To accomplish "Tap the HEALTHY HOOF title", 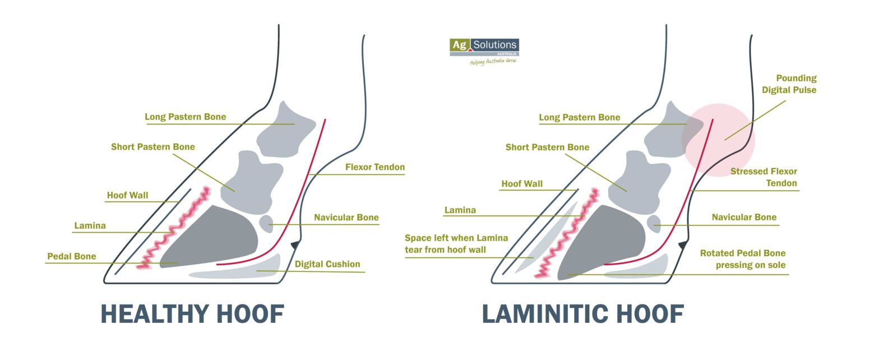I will click(192, 314).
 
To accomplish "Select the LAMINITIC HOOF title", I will click(583, 314).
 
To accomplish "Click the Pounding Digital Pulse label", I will click(796, 84).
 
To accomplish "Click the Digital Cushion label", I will click(327, 264).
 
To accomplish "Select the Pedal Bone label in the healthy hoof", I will click(71, 256).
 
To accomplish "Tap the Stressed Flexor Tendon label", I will click(764, 177).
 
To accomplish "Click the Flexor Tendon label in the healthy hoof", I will click(374, 167).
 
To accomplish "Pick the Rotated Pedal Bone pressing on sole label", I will click(742, 259).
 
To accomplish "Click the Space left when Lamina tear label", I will click(456, 243).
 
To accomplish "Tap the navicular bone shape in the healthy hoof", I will click(266, 223).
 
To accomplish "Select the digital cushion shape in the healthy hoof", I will click(241, 272).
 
